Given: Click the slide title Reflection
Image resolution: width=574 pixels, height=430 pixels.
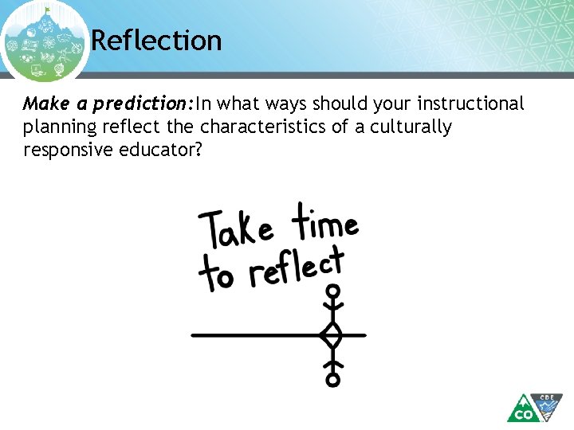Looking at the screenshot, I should (x=156, y=40).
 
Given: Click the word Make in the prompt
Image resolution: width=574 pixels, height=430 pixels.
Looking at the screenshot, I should (x=41, y=104).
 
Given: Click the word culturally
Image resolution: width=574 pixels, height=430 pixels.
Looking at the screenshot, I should (x=413, y=127).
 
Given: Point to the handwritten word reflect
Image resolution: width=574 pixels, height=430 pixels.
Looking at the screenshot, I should (x=297, y=268).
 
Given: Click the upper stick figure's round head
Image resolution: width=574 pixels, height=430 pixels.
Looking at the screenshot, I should (x=334, y=291).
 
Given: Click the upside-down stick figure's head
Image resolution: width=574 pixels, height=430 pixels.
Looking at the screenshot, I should (x=333, y=380).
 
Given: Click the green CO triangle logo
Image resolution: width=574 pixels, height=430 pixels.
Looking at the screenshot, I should (x=523, y=410).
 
